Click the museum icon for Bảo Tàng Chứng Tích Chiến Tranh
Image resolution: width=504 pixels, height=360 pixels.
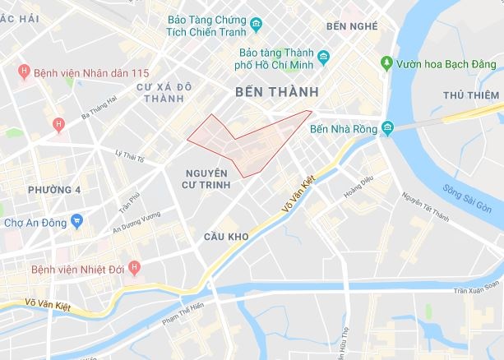click(x=256, y=23)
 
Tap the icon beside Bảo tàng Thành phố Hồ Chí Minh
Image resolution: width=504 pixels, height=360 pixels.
click(x=324, y=58)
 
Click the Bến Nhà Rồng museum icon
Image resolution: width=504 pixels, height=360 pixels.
click(x=387, y=128)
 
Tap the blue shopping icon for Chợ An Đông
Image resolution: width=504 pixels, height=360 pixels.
click(x=77, y=220)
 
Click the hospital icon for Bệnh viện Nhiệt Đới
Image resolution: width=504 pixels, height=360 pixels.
click(x=136, y=269)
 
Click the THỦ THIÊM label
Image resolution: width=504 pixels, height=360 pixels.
click(x=472, y=95)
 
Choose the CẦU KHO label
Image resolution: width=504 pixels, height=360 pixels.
click(x=225, y=236)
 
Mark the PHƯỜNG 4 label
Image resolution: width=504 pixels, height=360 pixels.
click(x=55, y=190)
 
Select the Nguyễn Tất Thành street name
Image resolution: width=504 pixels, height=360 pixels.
click(x=425, y=207)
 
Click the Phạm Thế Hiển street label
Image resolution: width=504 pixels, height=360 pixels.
click(x=183, y=312)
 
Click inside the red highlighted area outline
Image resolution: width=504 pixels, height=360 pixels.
click(x=247, y=145)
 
